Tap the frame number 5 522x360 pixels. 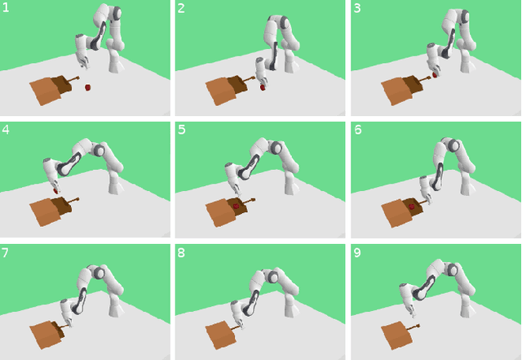[182, 131]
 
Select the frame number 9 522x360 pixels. [356, 253]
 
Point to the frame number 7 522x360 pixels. [7, 253]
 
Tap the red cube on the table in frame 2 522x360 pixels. [263, 87]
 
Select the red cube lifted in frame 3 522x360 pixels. [435, 75]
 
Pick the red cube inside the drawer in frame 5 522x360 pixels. [236, 207]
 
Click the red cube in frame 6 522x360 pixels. [412, 207]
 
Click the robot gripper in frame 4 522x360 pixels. [55, 186]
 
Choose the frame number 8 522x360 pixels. [182, 253]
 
